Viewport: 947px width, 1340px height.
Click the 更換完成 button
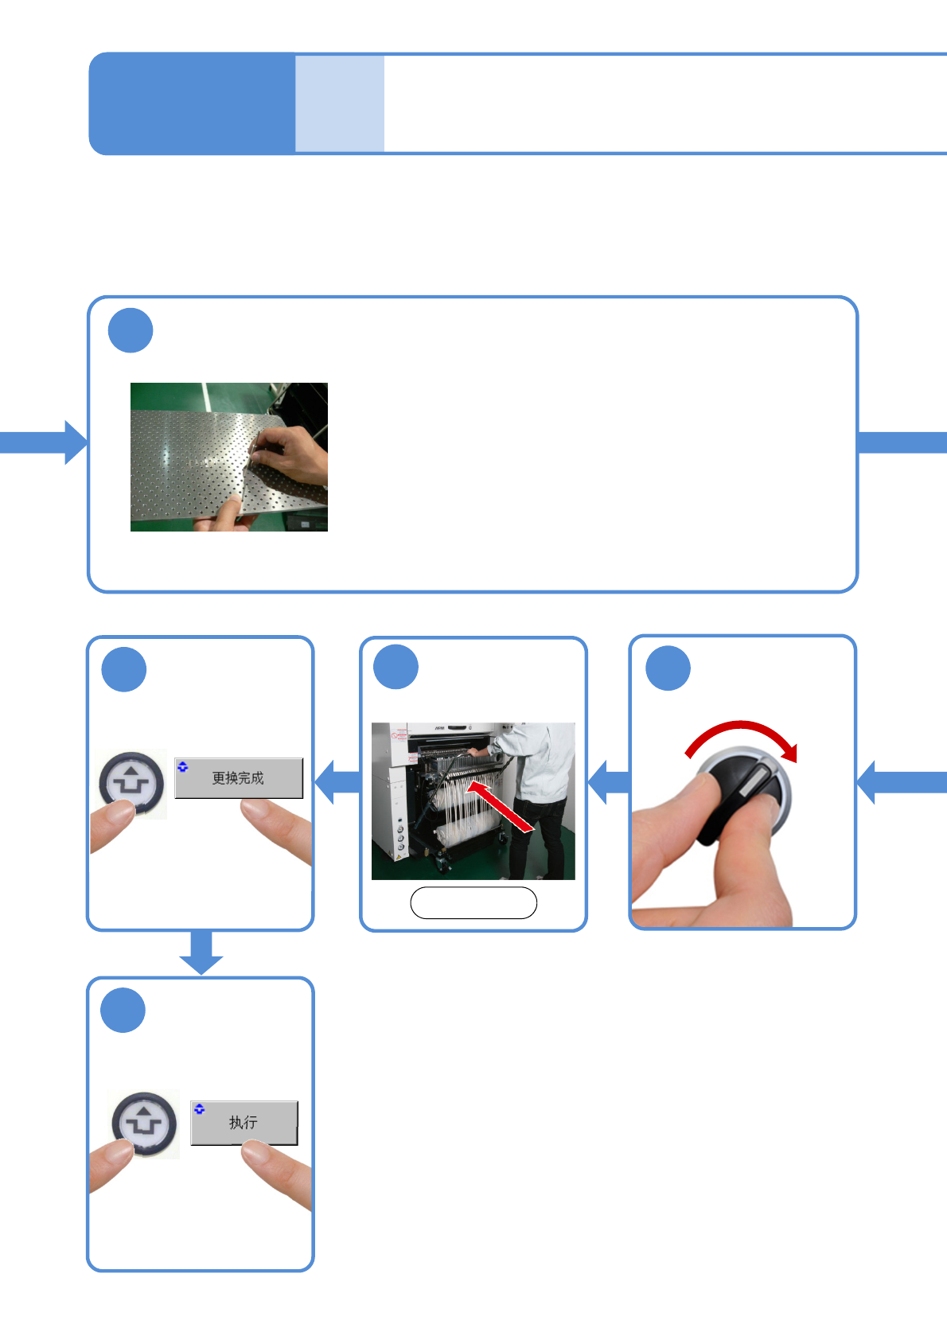click(239, 777)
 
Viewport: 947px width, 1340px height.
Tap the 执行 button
click(244, 1122)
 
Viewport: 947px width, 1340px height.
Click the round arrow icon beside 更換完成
click(132, 783)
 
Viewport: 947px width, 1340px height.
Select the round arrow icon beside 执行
click(144, 1123)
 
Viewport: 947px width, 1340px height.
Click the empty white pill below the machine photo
click(473, 902)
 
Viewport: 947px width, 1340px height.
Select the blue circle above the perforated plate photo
click(131, 330)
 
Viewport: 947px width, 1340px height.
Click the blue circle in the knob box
click(668, 668)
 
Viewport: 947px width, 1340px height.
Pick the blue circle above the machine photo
click(396, 667)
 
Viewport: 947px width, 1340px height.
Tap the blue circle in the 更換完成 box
click(124, 669)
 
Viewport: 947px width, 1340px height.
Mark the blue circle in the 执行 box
click(123, 1010)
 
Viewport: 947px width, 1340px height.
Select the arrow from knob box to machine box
click(608, 782)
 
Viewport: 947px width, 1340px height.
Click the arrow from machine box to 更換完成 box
click(337, 782)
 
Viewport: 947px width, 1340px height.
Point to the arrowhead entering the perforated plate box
click(75, 442)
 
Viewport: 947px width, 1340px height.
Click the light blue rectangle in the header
click(340, 103)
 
